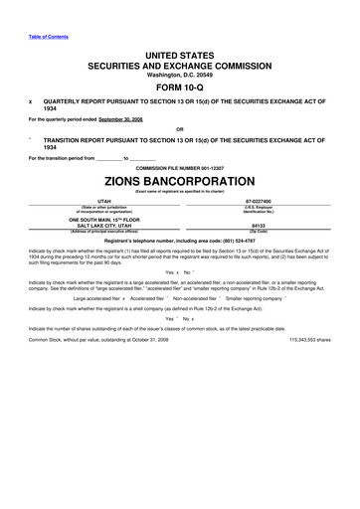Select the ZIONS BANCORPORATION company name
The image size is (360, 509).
click(179, 183)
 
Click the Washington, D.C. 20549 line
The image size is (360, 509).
click(179, 74)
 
